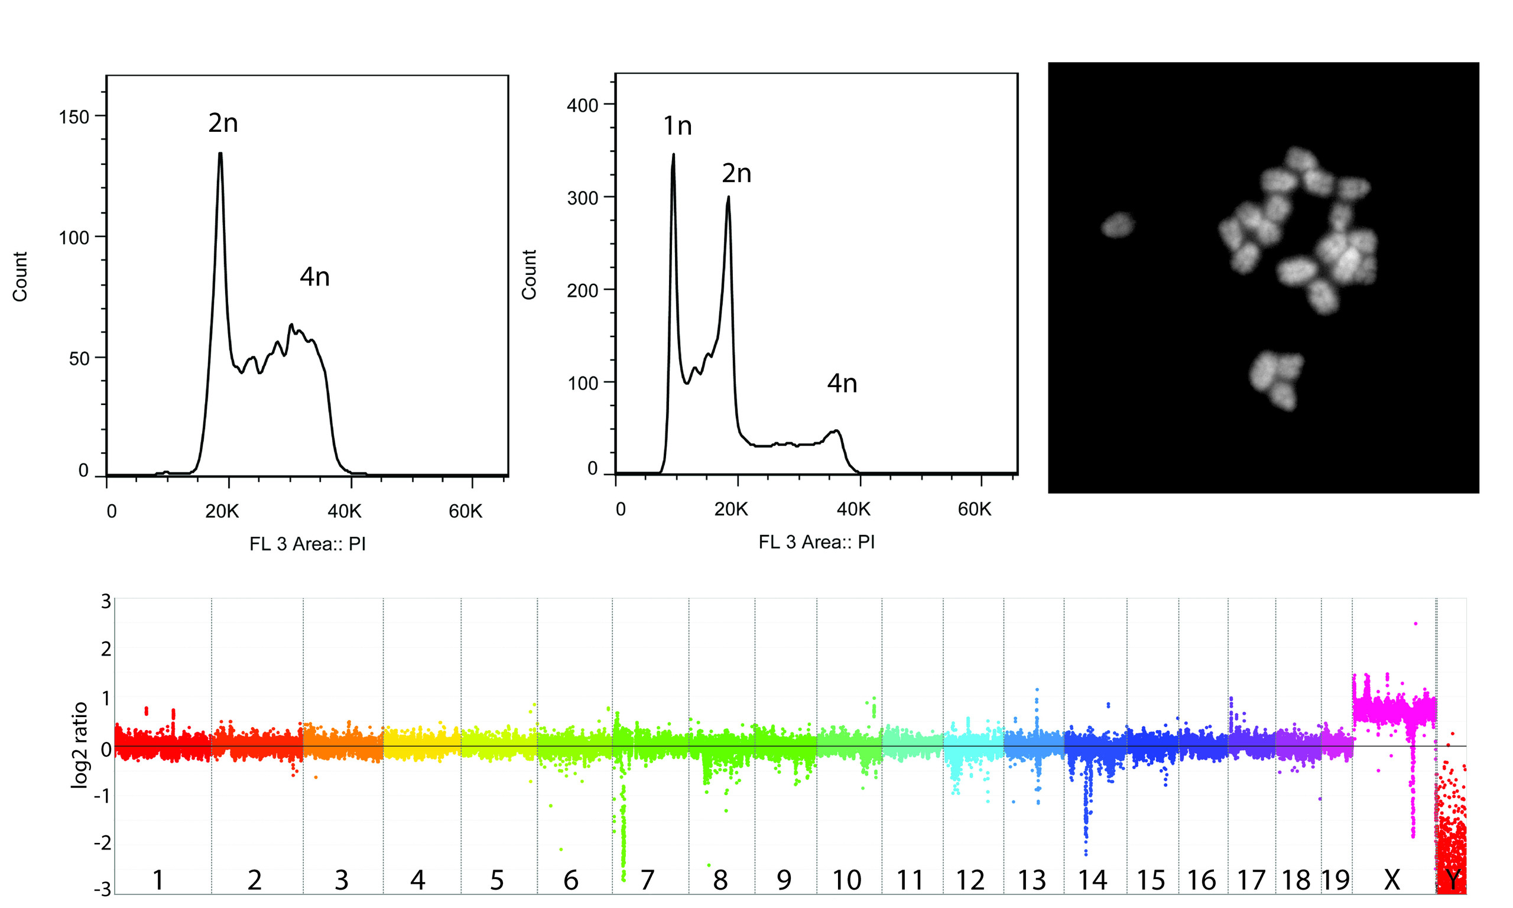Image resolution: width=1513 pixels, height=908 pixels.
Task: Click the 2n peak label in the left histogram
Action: pyautogui.click(x=223, y=124)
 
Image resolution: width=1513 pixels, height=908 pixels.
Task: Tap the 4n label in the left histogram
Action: pyautogui.click(x=314, y=277)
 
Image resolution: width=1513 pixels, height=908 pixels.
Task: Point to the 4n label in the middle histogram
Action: pyautogui.click(x=842, y=384)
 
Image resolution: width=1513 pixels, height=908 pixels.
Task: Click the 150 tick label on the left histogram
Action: pyautogui.click(x=73, y=117)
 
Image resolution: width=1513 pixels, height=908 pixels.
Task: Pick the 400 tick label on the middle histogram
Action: pyautogui.click(x=582, y=105)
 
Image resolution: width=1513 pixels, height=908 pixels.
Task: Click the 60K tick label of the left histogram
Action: pyautogui.click(x=465, y=511)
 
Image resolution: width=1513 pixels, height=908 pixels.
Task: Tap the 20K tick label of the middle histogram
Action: pyautogui.click(x=731, y=509)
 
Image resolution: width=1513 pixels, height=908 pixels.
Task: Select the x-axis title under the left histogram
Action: pyautogui.click(x=307, y=544)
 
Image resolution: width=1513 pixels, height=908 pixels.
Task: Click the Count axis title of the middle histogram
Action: pyautogui.click(x=529, y=274)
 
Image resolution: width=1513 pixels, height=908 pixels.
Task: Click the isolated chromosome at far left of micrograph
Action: pyautogui.click(x=1118, y=225)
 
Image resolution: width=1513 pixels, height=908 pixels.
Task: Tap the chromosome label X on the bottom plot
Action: pyautogui.click(x=1391, y=880)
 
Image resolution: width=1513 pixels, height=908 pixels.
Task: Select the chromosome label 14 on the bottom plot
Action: pyautogui.click(x=1092, y=880)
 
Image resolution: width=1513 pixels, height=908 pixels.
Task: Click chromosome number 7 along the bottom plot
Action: pyautogui.click(x=647, y=880)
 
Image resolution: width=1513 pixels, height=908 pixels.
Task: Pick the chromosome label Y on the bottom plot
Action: pyautogui.click(x=1453, y=880)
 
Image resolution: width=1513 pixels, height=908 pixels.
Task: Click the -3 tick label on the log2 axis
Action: pyautogui.click(x=102, y=888)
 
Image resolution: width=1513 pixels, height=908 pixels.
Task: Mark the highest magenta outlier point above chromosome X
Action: pyautogui.click(x=1415, y=624)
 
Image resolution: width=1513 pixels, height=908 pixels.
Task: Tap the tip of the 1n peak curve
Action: pyautogui.click(x=673, y=154)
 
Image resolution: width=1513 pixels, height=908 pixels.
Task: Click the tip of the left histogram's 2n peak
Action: pyautogui.click(x=220, y=153)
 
